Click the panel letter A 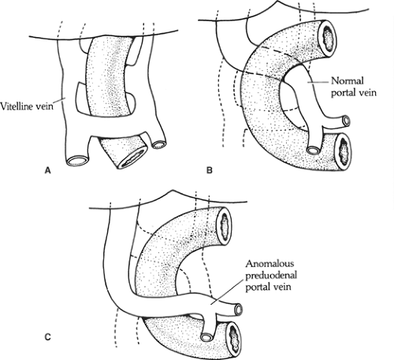pyautogui.click(x=47, y=170)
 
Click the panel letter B pyautogui.click(x=210, y=170)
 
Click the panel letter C pyautogui.click(x=47, y=336)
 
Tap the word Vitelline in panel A pyautogui.click(x=16, y=106)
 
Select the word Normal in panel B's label pyautogui.click(x=348, y=80)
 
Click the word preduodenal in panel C pyautogui.click(x=271, y=275)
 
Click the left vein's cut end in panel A pyautogui.click(x=78, y=161)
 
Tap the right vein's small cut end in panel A pyautogui.click(x=159, y=144)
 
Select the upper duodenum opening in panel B pyautogui.click(x=327, y=39)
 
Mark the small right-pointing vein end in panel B pyautogui.click(x=347, y=121)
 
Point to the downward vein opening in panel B pyautogui.click(x=314, y=150)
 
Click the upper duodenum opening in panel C pyautogui.click(x=224, y=226)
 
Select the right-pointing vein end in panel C pyautogui.click(x=239, y=309)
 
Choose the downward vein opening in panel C pyautogui.click(x=206, y=336)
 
